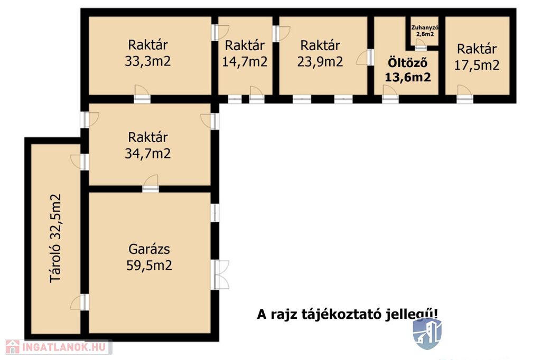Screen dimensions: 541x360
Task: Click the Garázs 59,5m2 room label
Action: tap(149, 257)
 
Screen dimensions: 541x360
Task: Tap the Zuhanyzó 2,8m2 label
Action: tap(425, 31)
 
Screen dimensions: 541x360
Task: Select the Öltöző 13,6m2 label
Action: tap(408, 70)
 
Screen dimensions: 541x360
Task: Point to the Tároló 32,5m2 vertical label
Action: tap(55, 238)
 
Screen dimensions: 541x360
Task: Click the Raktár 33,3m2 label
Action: tap(148, 53)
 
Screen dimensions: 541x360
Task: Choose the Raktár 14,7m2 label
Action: tap(245, 53)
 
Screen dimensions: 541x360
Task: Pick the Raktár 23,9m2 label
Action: tap(320, 53)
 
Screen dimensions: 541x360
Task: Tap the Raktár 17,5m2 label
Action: tap(477, 57)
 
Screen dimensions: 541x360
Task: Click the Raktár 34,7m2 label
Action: tap(148, 146)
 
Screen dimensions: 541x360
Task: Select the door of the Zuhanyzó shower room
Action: tap(420, 45)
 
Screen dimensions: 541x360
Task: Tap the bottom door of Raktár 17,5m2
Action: tap(465, 94)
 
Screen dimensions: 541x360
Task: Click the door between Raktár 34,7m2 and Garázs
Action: tap(151, 184)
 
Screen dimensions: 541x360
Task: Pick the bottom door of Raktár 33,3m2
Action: tap(142, 94)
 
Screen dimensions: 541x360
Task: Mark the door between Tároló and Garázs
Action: tap(80, 302)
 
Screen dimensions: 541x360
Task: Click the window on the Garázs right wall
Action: tap(214, 213)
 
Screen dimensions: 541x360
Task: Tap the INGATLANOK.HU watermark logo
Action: tap(58, 347)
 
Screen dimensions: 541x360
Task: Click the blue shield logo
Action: tap(427, 334)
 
